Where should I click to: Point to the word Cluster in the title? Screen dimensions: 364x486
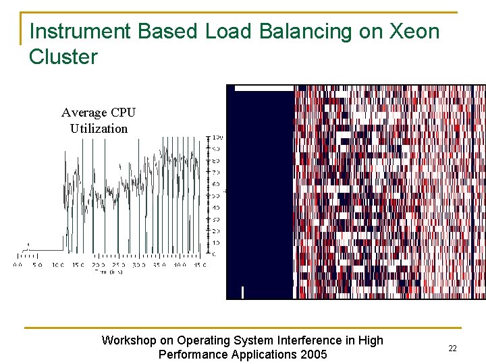(x=63, y=57)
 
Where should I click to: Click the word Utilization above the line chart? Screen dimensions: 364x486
(x=99, y=128)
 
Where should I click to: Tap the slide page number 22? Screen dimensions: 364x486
(x=452, y=348)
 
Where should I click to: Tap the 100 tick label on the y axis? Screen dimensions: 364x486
(x=218, y=138)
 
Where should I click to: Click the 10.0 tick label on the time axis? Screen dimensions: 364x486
(x=58, y=265)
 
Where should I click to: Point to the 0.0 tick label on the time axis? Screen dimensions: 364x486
(x=18, y=265)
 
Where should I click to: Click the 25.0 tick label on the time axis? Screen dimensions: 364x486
(x=118, y=265)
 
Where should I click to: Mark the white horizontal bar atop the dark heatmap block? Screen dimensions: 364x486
(x=264, y=88)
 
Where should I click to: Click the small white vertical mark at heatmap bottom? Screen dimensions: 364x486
(x=242, y=293)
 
